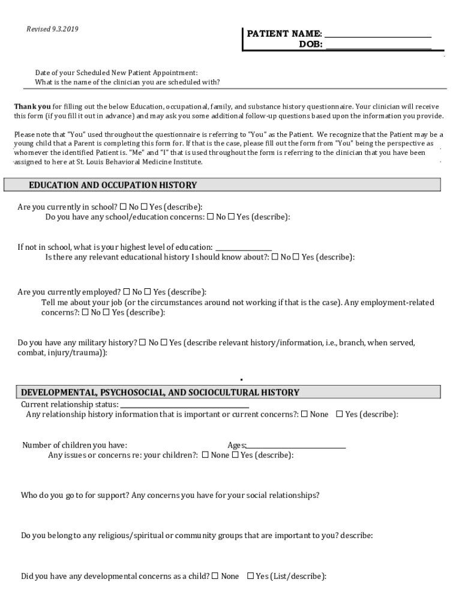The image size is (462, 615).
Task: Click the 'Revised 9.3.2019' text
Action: tap(53, 29)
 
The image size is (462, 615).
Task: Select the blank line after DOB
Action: tap(377, 45)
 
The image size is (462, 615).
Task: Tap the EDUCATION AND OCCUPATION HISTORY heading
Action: tap(113, 185)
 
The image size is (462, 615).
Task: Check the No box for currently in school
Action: tap(124, 207)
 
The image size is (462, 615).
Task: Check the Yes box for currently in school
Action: tap(144, 207)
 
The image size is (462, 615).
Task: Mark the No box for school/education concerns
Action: tap(211, 217)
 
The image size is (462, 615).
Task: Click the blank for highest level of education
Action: tap(243, 247)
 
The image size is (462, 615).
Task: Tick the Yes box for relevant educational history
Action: tap(296, 257)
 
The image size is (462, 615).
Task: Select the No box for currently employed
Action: tap(127, 292)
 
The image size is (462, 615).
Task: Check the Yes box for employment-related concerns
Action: tap(106, 312)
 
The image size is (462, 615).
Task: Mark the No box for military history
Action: tap(143, 342)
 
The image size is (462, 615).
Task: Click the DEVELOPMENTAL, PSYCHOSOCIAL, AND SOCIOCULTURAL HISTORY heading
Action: tap(160, 393)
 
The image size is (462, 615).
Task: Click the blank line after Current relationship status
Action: tap(184, 405)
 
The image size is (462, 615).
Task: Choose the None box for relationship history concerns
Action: tap(305, 414)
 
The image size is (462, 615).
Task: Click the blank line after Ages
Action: tap(296, 446)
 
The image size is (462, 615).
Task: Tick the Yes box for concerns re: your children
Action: tap(235, 455)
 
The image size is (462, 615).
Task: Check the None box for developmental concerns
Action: tap(215, 576)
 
